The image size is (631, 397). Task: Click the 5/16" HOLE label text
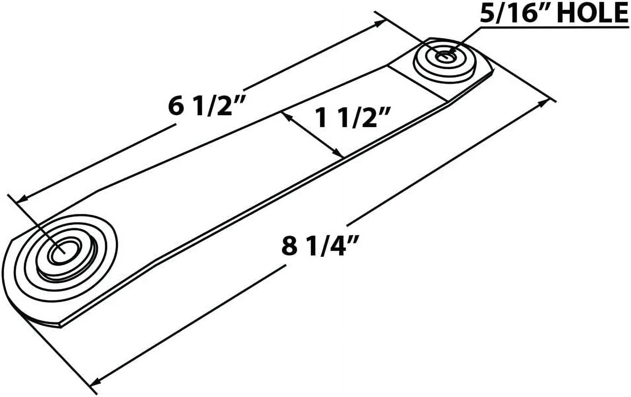click(x=553, y=13)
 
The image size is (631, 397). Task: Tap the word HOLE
click(x=592, y=13)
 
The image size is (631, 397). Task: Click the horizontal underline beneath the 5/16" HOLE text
click(x=553, y=28)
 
